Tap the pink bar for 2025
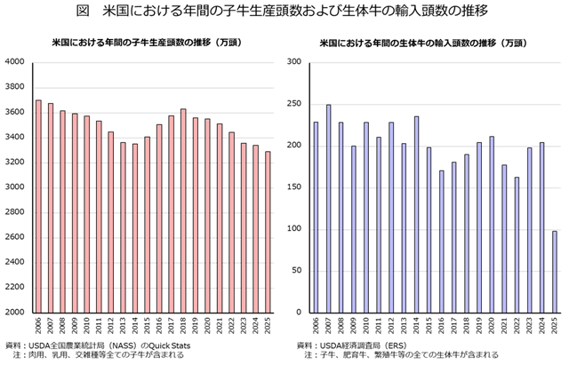pos(267,232)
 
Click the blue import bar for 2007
pos(328,209)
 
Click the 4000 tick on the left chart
pos(15,61)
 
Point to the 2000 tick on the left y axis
pos(15,313)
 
